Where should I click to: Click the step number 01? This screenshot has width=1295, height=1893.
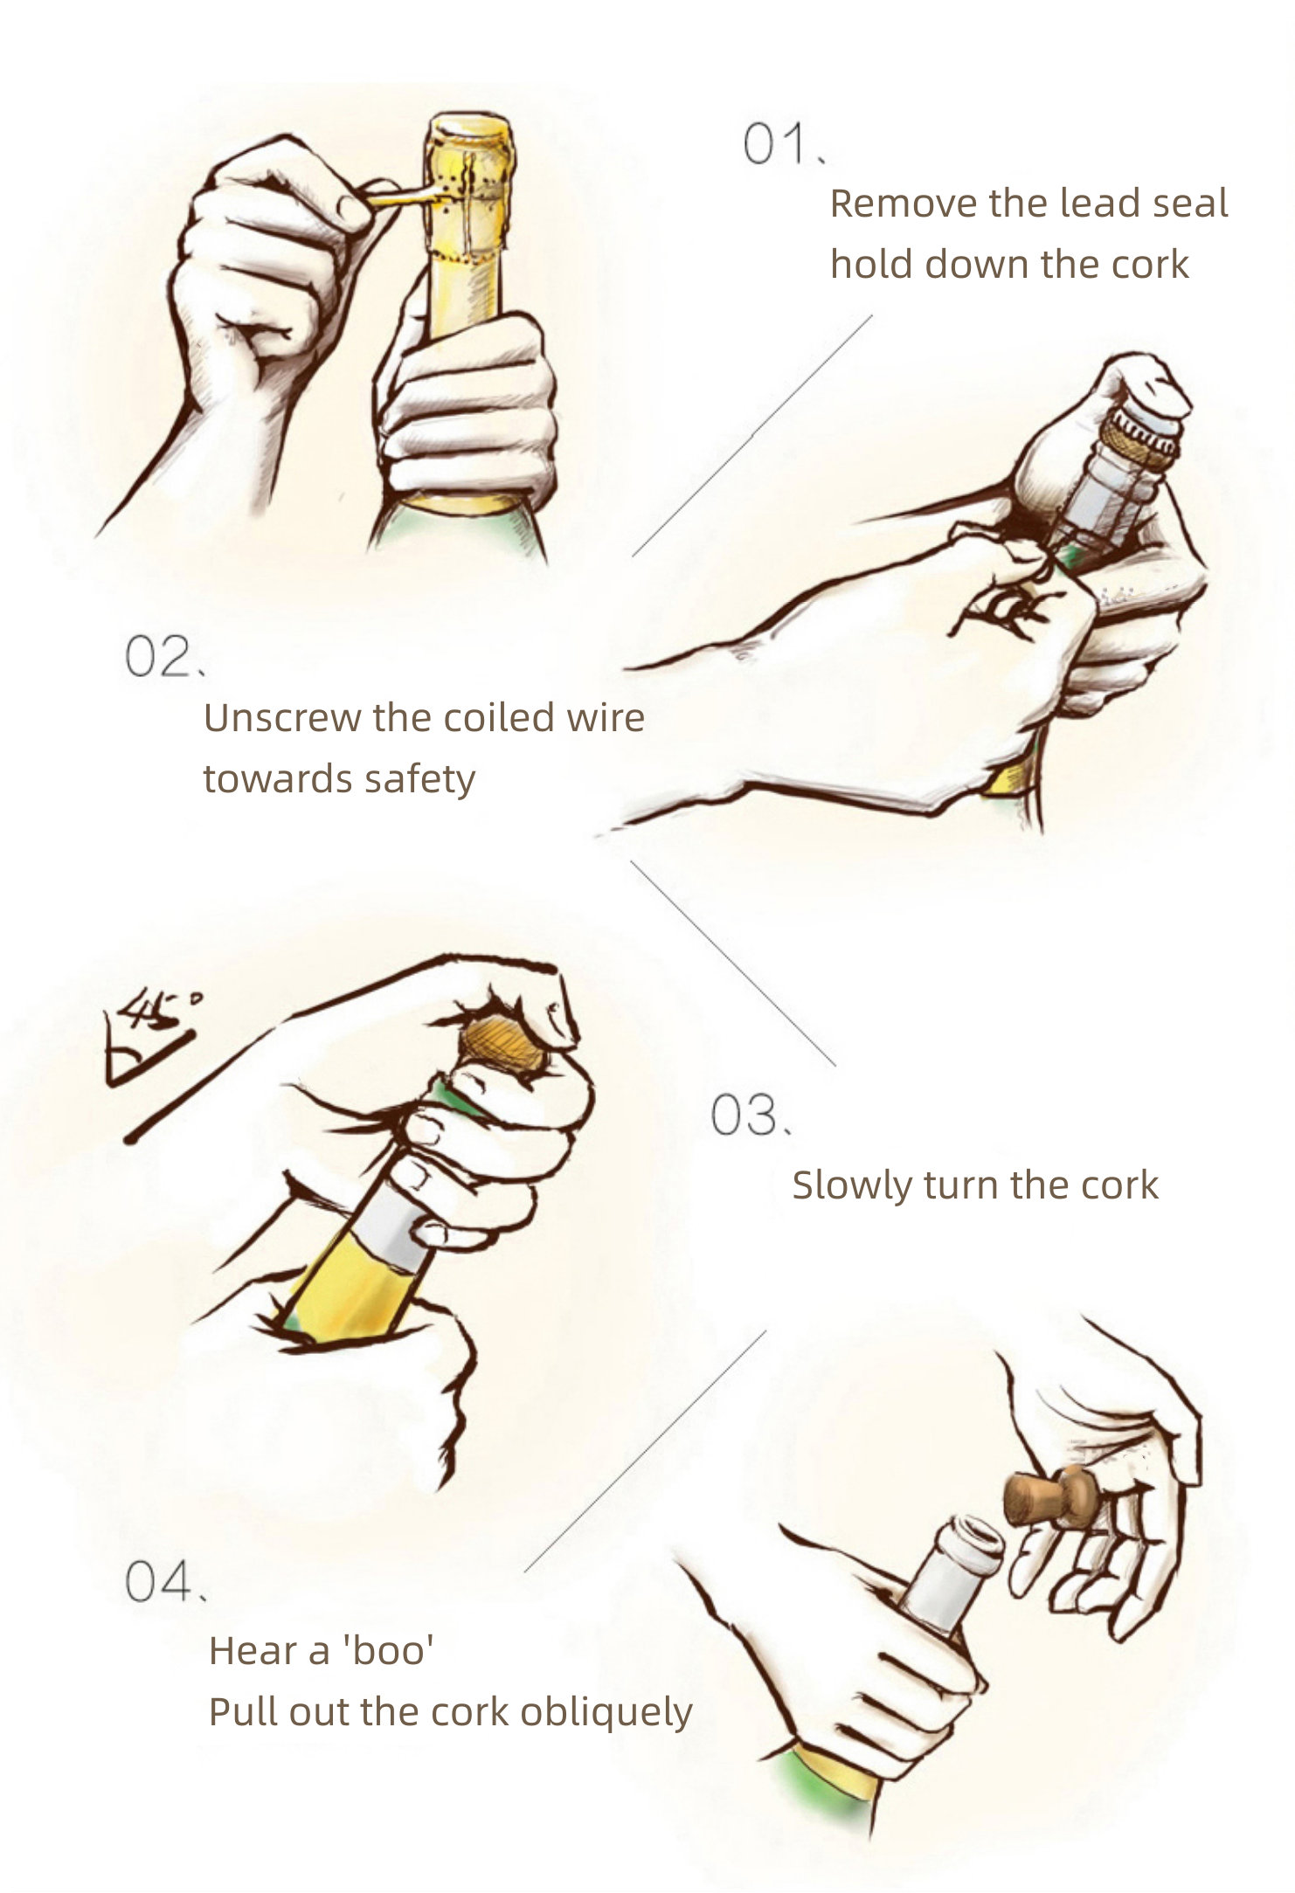click(784, 144)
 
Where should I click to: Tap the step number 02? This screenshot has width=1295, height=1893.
click(165, 657)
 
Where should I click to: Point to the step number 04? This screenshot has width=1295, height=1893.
click(166, 1581)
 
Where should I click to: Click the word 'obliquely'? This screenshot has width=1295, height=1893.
click(606, 1713)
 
